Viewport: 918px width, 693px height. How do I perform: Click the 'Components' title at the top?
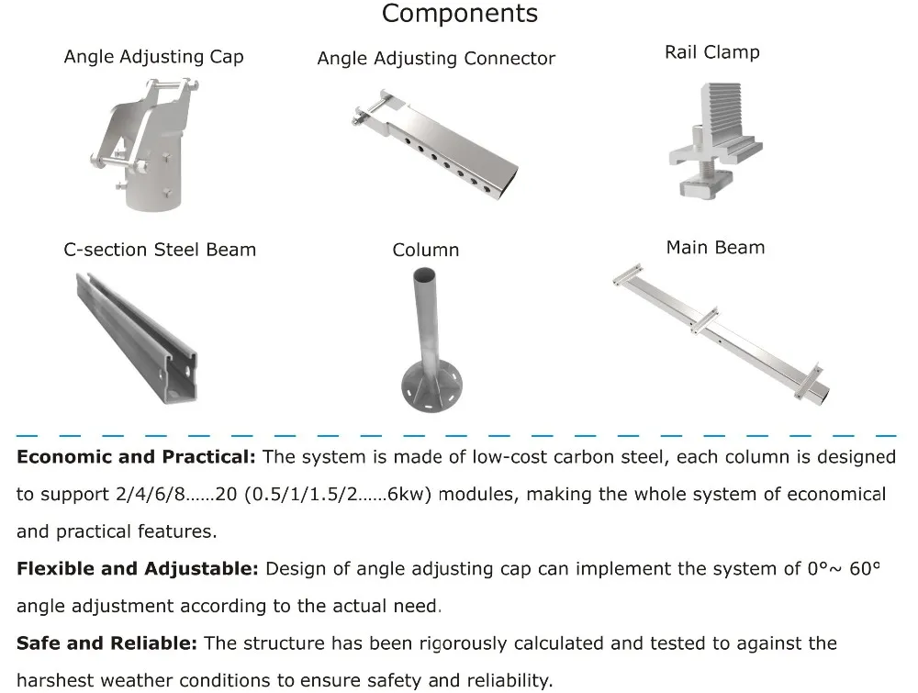459,14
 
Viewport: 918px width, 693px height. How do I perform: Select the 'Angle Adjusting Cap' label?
153,57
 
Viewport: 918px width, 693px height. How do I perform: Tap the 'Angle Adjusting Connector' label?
436,59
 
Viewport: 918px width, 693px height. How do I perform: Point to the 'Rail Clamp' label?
711,52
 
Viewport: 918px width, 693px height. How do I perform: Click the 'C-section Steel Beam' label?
160,250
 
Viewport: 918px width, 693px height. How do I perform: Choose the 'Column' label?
425,250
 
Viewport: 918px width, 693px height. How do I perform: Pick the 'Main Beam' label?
715,248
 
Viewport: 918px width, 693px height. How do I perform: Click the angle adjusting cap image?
148,146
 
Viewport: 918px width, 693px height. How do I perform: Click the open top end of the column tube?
426,274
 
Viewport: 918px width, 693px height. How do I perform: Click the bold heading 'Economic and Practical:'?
138,457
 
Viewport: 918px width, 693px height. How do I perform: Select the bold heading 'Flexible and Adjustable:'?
138,568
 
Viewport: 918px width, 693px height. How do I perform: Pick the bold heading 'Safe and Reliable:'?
106,643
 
